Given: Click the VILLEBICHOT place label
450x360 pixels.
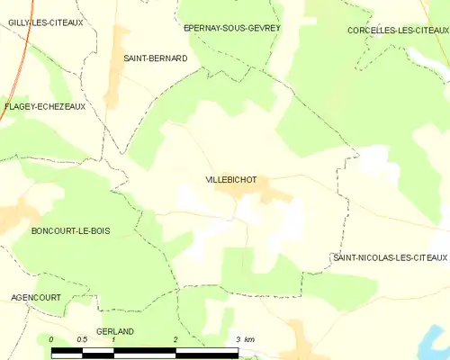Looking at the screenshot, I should [230, 180].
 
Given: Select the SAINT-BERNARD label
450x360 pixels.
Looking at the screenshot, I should [155, 58].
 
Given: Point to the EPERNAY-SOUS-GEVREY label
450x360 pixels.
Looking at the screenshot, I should [231, 28].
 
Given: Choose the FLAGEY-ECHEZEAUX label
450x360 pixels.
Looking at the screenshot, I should [44, 106].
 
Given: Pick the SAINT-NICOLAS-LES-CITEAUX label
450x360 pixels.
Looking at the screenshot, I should [390, 258].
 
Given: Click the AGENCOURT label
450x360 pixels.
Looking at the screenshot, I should [35, 296].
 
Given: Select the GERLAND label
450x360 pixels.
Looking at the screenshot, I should [114, 331].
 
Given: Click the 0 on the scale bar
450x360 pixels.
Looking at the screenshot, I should [52, 339].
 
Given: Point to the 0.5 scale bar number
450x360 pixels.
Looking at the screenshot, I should [83, 339].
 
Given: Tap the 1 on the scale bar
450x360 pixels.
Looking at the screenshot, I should [113, 339].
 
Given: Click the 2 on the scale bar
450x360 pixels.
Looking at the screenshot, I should [175, 339].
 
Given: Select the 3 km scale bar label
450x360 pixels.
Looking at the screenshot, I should [243, 339].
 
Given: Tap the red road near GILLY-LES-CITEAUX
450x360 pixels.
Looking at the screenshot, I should [26, 54].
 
